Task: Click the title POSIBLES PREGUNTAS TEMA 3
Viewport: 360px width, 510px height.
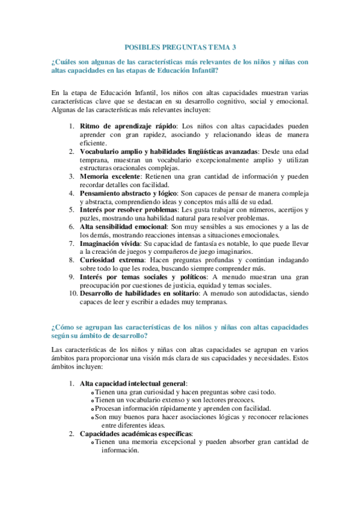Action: [x=180, y=46]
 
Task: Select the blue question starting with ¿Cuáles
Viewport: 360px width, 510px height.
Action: [x=180, y=66]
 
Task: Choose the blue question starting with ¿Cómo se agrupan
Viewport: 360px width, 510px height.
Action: [x=180, y=332]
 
